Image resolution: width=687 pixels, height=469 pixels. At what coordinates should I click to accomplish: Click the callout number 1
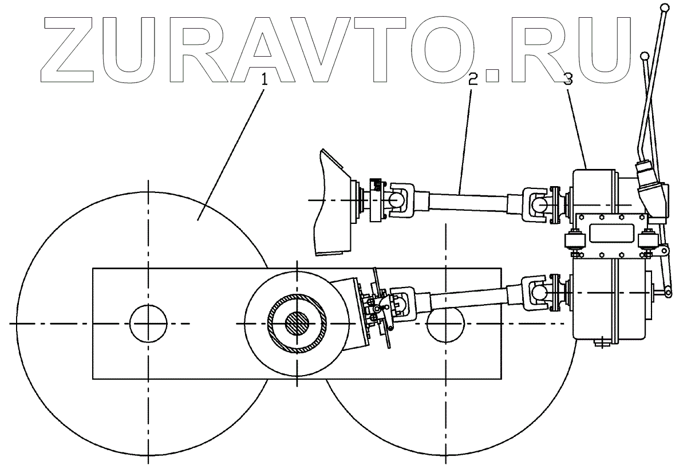tap(264, 80)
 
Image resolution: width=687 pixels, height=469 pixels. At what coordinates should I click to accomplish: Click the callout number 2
tap(473, 80)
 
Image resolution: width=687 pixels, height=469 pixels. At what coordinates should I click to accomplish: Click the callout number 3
tap(567, 80)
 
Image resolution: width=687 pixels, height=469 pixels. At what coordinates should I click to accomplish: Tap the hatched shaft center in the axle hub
tap(298, 324)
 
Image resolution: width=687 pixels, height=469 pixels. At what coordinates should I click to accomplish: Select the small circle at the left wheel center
tap(148, 324)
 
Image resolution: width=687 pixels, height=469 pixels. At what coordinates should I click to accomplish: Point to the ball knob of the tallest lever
tap(665, 8)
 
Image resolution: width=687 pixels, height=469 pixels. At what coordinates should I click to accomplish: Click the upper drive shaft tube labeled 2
tap(467, 199)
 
